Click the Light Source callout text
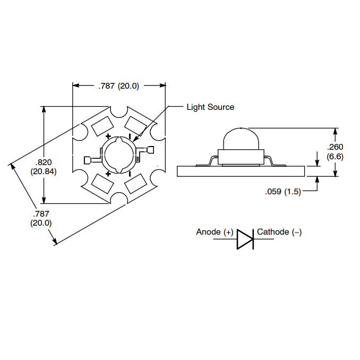point(210,107)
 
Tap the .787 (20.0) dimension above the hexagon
point(118,86)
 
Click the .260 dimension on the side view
point(336,147)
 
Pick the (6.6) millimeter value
point(336,156)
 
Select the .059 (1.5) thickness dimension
point(283,192)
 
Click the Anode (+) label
point(215,232)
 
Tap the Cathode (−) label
point(279,232)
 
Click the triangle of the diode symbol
point(244,239)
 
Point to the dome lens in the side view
point(241,139)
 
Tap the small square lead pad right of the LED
point(151,150)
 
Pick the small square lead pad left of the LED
point(87,160)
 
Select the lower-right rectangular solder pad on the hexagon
point(136,184)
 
